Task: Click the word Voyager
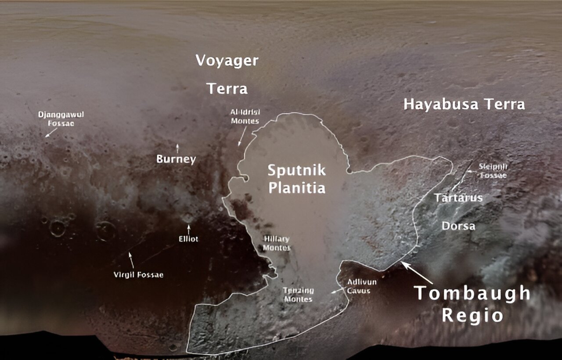pyautogui.click(x=227, y=61)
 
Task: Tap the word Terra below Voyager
pyautogui.click(x=227, y=89)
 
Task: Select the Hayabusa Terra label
pyautogui.click(x=464, y=104)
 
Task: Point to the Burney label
pyautogui.click(x=176, y=159)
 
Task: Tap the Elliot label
pyautogui.click(x=188, y=239)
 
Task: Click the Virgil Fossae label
pyautogui.click(x=138, y=275)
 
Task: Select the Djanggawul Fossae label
pyautogui.click(x=61, y=119)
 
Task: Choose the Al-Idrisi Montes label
pyautogui.click(x=245, y=116)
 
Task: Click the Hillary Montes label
pyautogui.click(x=277, y=243)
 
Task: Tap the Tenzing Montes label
pyautogui.click(x=298, y=295)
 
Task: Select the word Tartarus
pyautogui.click(x=458, y=198)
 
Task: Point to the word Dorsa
pyautogui.click(x=458, y=226)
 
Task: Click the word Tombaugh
pyautogui.click(x=472, y=293)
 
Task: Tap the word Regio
pyautogui.click(x=472, y=315)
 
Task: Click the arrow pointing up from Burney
pyautogui.click(x=177, y=148)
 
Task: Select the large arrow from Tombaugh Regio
pyautogui.click(x=417, y=272)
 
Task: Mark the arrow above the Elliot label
pyautogui.click(x=189, y=229)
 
